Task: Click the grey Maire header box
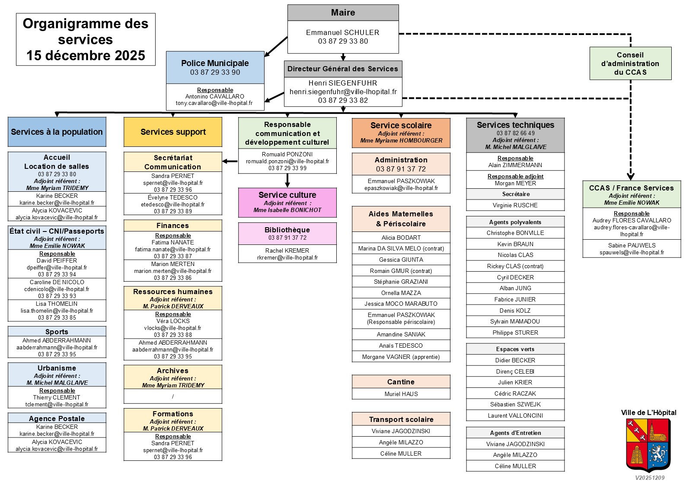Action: coord(343,13)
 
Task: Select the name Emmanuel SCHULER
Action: coord(343,32)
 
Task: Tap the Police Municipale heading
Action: coord(215,63)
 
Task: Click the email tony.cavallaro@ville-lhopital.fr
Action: coord(214,103)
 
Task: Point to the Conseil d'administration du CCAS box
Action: coord(630,63)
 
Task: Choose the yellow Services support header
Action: coord(173,132)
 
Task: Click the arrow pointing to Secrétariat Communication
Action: coord(230,162)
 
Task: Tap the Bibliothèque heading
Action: coord(287,230)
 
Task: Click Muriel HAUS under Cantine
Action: coord(401,394)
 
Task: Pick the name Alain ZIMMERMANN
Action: coord(515,165)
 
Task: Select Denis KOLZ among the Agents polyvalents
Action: coord(515,311)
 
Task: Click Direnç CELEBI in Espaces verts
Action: coord(515,371)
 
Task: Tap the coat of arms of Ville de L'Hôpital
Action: coord(648,445)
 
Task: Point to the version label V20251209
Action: coord(650,478)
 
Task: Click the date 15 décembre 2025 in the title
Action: coord(86,56)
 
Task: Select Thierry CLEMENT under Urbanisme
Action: coord(57,397)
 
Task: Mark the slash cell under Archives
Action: coord(173,396)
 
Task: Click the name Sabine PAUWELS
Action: coord(632,245)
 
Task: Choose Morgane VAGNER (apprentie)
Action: coord(401,357)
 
